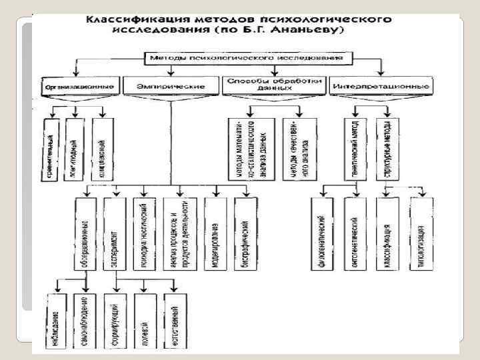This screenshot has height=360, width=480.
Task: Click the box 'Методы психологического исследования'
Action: pyautogui.click(x=246, y=58)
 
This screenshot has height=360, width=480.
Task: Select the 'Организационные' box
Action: pyautogui.click(x=80, y=86)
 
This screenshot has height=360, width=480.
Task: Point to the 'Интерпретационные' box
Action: pyautogui.click(x=381, y=86)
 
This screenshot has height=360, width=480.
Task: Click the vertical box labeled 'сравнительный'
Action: pyautogui.click(x=52, y=139)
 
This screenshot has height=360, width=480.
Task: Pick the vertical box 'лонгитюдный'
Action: pyautogui.click(x=76, y=139)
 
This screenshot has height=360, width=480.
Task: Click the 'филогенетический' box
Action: pyautogui.click(x=323, y=234)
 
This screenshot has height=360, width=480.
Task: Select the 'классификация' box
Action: pyautogui.click(x=387, y=234)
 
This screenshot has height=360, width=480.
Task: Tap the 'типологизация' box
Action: pyautogui.click(x=419, y=234)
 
